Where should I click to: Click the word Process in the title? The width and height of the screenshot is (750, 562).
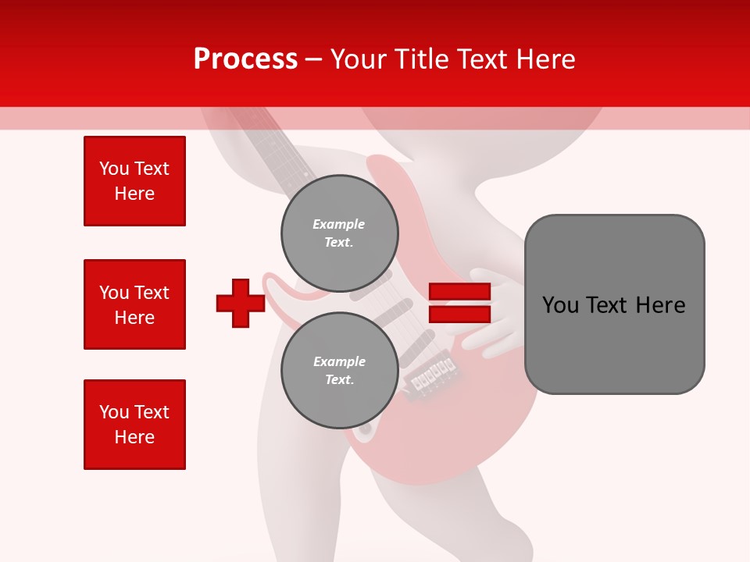[245, 59]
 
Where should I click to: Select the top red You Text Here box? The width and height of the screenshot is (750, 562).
[134, 181]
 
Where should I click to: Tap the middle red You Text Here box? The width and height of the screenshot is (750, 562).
[134, 304]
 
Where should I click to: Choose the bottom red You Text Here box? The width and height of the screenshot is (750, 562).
[134, 425]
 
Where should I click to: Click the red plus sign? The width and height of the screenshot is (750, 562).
[241, 303]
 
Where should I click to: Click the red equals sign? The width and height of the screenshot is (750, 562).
[459, 303]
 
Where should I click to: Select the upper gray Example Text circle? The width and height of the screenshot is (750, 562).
[339, 233]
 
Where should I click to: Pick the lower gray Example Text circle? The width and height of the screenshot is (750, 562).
[339, 371]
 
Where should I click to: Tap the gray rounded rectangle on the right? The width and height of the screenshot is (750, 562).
[614, 304]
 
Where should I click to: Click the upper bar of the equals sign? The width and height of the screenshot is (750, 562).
[459, 292]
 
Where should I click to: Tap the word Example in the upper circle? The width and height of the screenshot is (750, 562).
[339, 224]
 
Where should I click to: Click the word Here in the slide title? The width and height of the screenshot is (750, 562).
[546, 59]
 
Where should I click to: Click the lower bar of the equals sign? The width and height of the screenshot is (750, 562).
[459, 314]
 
